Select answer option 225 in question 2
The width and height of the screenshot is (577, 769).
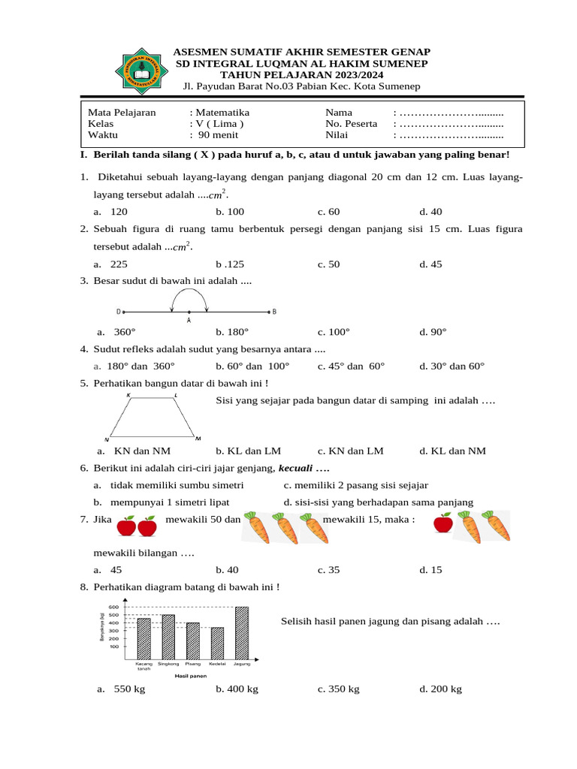(119, 264)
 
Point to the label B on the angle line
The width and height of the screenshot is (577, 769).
(274, 311)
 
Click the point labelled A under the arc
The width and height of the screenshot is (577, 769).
(189, 312)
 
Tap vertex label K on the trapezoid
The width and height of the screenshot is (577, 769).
(128, 395)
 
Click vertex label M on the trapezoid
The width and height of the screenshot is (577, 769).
(198, 438)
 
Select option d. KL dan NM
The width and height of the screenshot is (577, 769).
(452, 451)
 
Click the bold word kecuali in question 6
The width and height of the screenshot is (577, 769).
(298, 468)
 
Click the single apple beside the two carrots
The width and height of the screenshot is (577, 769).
(444, 523)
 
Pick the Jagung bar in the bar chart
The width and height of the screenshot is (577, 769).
(242, 633)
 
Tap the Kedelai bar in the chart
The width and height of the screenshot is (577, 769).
(217, 643)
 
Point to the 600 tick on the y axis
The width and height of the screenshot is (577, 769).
(113, 607)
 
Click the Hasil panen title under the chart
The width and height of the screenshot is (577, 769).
(191, 676)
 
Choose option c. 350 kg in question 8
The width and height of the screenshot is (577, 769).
(338, 689)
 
